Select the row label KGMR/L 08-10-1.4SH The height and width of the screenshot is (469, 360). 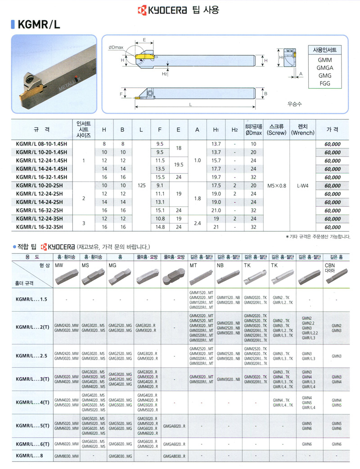click(x=41, y=144)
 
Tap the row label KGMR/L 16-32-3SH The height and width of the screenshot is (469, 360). click(x=41, y=227)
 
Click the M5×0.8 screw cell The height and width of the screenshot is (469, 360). click(x=276, y=185)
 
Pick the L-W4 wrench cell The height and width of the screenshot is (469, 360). click(x=302, y=185)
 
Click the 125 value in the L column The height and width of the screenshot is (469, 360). click(x=141, y=185)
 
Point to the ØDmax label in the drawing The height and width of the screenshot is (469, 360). click(x=116, y=47)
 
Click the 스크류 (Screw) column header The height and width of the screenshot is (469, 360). click(x=276, y=130)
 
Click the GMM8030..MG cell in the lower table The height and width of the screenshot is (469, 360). click(x=120, y=456)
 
